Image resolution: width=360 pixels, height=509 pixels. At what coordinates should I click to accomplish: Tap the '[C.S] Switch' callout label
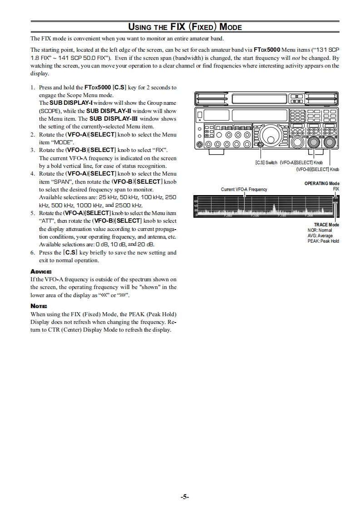pyautogui.click(x=266, y=163)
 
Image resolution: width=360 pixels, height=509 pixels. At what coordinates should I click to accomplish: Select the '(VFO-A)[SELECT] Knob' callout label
pyautogui.click(x=301, y=163)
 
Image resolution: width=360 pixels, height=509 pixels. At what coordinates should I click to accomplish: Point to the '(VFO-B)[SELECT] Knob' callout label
pyautogui.click(x=317, y=169)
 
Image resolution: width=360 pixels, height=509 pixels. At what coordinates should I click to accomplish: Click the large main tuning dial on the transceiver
pyautogui.click(x=272, y=135)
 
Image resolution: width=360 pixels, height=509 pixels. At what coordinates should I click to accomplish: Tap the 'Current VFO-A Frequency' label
pyautogui.click(x=244, y=189)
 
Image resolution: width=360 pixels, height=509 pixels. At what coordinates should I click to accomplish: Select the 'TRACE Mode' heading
pyautogui.click(x=326, y=225)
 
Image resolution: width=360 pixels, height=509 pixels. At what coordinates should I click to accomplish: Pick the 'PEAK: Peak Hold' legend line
pyautogui.click(x=323, y=241)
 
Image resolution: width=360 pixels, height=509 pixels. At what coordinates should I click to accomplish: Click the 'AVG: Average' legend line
pyautogui.click(x=320, y=235)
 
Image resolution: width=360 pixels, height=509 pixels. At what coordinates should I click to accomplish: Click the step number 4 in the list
pyautogui.click(x=32, y=174)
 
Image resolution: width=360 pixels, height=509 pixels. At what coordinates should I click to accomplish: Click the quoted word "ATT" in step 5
pyautogui.click(x=45, y=221)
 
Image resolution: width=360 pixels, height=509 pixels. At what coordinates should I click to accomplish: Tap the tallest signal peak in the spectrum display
pyautogui.click(x=274, y=208)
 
